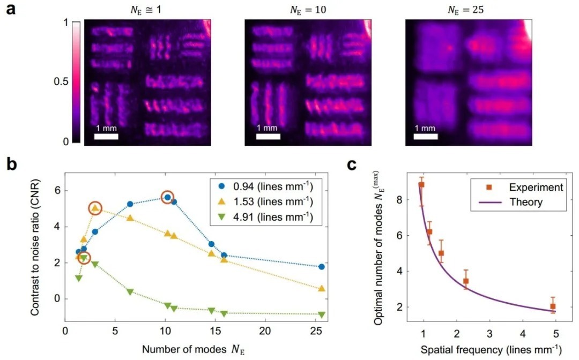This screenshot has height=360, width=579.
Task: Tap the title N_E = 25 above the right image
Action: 463,10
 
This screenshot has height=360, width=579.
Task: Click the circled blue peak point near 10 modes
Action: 168,198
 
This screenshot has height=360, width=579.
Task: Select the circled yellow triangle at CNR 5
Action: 95,208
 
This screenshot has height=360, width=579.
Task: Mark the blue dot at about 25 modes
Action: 321,267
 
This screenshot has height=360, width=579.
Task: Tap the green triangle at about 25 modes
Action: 321,314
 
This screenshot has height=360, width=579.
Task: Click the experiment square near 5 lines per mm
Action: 553,306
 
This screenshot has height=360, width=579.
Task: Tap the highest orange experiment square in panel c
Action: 421,185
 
